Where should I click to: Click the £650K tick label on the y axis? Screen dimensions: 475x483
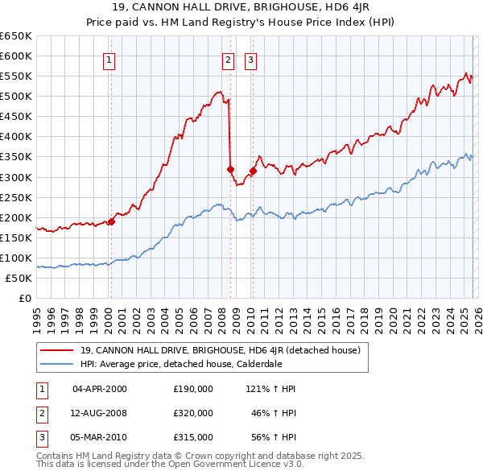tap(17, 36)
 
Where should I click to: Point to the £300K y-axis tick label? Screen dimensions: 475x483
tap(17, 177)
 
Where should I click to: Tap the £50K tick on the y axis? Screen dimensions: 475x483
tap(19, 278)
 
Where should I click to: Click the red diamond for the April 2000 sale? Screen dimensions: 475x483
tap(112, 222)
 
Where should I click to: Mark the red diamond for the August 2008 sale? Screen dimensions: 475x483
tap(230, 169)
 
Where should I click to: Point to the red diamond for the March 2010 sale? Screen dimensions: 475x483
tap(253, 171)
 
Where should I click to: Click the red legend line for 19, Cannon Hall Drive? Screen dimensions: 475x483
tap(56, 350)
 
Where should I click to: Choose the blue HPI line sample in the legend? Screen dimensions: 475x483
tap(56, 363)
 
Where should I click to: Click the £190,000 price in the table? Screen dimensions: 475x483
tap(192, 389)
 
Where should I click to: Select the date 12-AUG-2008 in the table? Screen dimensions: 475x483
tap(100, 413)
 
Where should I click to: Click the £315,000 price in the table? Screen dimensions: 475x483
tap(192, 437)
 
